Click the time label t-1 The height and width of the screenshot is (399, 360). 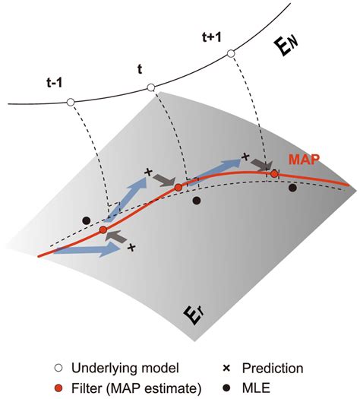click(55, 83)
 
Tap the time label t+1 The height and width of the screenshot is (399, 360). click(212, 37)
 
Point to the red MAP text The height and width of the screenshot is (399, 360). click(304, 160)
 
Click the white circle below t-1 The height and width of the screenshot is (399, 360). click(71, 103)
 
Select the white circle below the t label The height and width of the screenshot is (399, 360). click(151, 88)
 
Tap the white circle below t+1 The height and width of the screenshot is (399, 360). click(231, 54)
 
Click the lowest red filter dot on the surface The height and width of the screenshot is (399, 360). click(103, 230)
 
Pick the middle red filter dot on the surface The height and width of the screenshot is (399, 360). click(178, 188)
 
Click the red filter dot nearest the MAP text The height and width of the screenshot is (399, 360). click(274, 174)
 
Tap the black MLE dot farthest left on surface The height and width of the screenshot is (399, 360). click(87, 220)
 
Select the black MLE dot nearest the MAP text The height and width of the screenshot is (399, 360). click(292, 188)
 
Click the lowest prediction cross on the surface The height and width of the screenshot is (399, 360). click(131, 247)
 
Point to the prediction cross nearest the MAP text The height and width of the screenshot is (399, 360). click(245, 157)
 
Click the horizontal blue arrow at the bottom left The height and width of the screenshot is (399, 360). click(87, 250)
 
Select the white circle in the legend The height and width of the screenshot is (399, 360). click(59, 368)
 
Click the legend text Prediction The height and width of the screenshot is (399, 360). click(273, 368)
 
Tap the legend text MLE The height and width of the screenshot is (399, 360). click(256, 388)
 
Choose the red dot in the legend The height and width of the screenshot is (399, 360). click(59, 388)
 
